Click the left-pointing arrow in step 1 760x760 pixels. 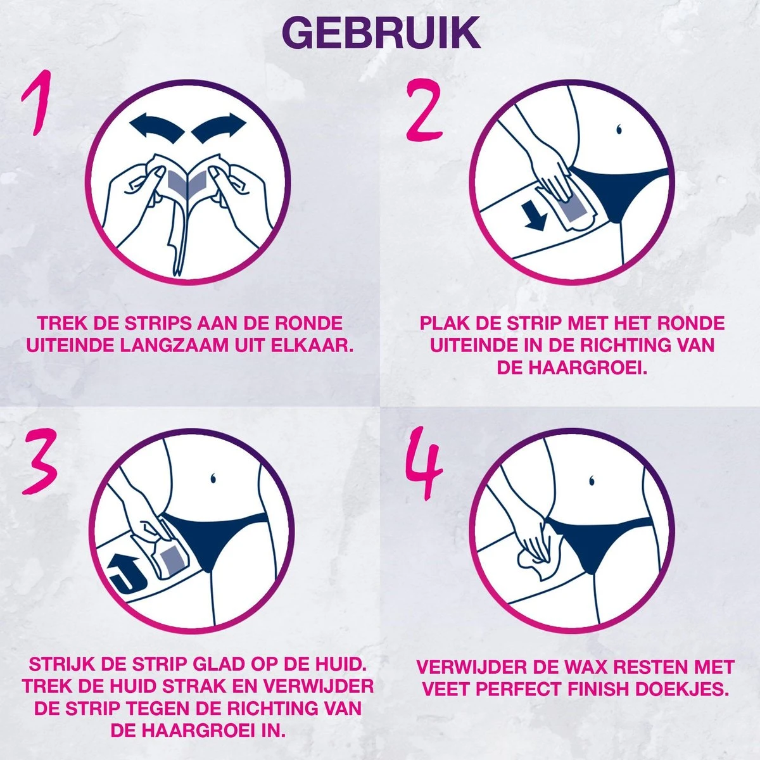tap(155, 127)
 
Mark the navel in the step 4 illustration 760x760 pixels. tap(592, 476)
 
